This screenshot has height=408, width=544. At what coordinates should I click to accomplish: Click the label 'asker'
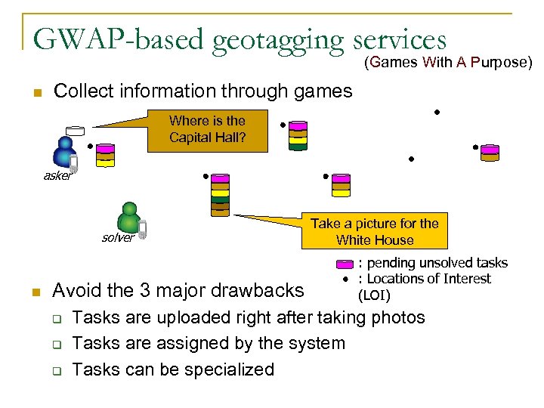58,176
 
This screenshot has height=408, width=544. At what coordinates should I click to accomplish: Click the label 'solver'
118,238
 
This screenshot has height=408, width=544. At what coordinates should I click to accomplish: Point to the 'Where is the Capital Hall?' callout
207,129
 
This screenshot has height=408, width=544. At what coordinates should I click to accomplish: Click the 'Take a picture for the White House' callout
375,232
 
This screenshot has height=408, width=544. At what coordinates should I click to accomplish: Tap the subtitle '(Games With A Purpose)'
449,62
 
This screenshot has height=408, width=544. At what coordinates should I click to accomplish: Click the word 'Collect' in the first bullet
82,92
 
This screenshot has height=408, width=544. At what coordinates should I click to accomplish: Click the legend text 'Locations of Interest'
429,279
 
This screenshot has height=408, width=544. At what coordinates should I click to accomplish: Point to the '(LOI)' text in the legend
374,294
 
